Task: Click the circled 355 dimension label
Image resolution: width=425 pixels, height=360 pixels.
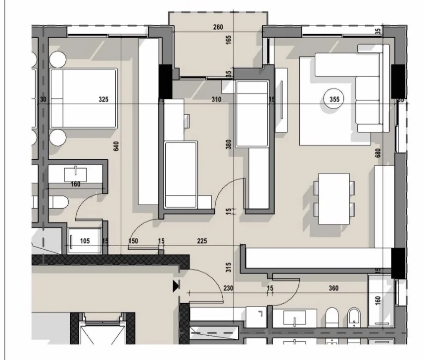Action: pyautogui.click(x=334, y=99)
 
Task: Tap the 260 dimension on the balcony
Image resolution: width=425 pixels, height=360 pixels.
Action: pyautogui.click(x=218, y=27)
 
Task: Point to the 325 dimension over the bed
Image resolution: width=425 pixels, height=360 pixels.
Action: pyautogui.click(x=103, y=99)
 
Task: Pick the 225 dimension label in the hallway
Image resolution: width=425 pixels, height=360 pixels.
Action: pyautogui.click(x=201, y=241)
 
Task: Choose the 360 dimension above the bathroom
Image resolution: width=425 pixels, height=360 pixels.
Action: pyautogui.click(x=333, y=289)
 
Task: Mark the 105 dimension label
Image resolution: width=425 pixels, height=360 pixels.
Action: pyautogui.click(x=85, y=241)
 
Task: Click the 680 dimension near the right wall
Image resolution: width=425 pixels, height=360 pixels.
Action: pyautogui.click(x=378, y=153)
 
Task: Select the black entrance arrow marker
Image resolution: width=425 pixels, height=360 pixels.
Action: pyautogui.click(x=175, y=286)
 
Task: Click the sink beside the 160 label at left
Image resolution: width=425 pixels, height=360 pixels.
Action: pyautogui.click(x=75, y=174)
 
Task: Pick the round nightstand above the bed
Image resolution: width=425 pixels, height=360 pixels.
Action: pyautogui.click(x=57, y=59)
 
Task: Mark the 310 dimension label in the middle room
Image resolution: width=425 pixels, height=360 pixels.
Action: pyautogui.click(x=216, y=99)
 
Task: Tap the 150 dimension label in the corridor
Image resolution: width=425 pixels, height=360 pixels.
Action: pyautogui.click(x=133, y=241)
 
